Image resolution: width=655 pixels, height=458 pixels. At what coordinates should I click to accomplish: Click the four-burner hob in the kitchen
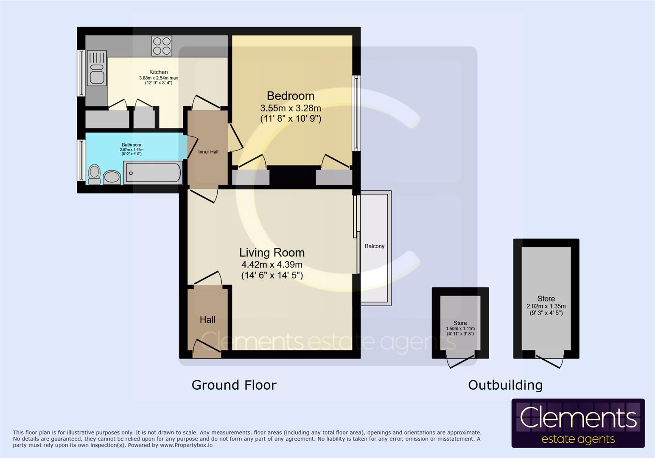click(x=162, y=46)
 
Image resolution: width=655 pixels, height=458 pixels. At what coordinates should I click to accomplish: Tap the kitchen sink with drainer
click(x=96, y=68)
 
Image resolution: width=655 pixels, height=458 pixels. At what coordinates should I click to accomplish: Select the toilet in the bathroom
click(x=94, y=174)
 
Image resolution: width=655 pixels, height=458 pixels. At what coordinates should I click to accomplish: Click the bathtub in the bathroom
click(x=153, y=173)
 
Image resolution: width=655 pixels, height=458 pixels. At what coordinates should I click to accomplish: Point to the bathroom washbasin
click(x=112, y=177)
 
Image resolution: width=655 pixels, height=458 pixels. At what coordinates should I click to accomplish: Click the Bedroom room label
click(x=291, y=96)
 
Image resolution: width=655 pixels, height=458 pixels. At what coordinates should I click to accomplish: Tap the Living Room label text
click(x=272, y=252)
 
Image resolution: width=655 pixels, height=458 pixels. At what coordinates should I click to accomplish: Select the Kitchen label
click(x=159, y=72)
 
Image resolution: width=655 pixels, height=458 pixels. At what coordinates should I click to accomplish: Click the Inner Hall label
click(x=208, y=152)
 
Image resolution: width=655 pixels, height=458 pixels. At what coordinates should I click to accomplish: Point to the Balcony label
click(x=374, y=246)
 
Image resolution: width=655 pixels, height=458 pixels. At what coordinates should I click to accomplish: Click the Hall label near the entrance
click(x=207, y=319)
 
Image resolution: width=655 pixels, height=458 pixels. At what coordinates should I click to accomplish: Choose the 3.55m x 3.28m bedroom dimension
click(x=291, y=108)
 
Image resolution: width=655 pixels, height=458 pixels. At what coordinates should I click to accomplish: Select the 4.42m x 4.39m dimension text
click(x=272, y=265)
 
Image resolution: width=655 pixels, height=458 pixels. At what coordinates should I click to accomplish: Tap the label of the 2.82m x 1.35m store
click(x=546, y=299)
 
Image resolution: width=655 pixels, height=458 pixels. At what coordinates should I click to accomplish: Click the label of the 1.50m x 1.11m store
click(x=460, y=323)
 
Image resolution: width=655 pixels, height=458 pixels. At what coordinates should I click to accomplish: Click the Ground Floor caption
click(x=234, y=385)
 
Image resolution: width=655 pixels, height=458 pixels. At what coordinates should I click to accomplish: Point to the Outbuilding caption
click(x=505, y=385)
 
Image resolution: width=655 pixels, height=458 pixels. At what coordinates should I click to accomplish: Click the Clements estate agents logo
click(x=578, y=423)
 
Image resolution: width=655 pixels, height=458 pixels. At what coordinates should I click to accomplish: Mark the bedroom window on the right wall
click(x=356, y=113)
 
